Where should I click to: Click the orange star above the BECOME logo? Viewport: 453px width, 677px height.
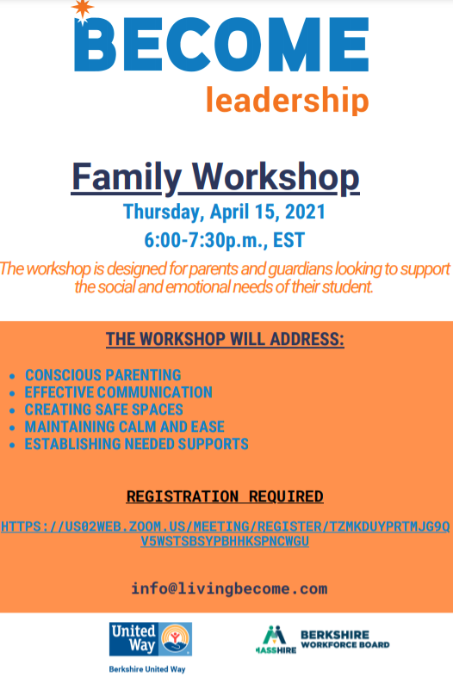(82, 10)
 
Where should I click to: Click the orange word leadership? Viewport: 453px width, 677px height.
(287, 100)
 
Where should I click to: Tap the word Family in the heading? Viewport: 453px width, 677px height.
(126, 177)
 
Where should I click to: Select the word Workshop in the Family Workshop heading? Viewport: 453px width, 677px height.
(276, 177)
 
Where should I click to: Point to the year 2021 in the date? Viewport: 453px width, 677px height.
(305, 212)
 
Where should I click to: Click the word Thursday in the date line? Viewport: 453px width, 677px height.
(162, 212)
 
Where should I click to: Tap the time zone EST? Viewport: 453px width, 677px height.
(289, 240)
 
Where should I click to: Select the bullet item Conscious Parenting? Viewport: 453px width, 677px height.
(102, 375)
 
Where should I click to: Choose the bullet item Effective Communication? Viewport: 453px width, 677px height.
(119, 392)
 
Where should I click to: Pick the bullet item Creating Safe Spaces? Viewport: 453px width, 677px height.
(103, 409)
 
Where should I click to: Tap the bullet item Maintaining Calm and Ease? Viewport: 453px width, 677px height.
(125, 427)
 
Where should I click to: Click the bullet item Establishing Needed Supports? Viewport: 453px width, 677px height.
(137, 444)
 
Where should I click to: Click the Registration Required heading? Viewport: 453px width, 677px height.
(225, 496)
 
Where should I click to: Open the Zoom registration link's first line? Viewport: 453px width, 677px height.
(225, 526)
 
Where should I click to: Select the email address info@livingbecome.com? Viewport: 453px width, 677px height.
(230, 588)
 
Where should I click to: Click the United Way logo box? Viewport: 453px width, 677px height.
(151, 639)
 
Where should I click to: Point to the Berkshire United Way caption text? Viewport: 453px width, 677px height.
(147, 669)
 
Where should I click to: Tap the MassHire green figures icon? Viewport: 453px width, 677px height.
(275, 635)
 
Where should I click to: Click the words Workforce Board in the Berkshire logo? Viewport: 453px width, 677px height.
(345, 645)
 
